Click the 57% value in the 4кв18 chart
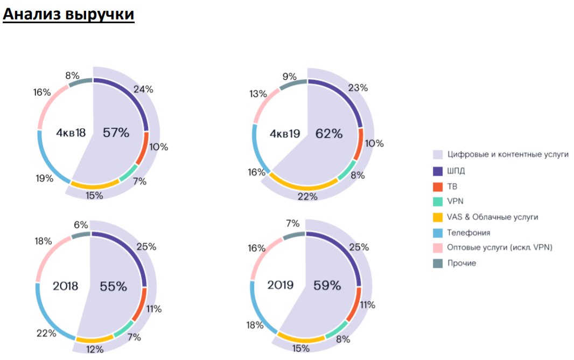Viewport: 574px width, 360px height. [x=116, y=132]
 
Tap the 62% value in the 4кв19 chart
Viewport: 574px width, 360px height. [x=329, y=134]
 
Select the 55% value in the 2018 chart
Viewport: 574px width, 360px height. [x=114, y=286]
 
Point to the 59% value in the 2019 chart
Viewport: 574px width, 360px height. [x=327, y=286]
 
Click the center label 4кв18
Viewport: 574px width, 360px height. [x=71, y=132]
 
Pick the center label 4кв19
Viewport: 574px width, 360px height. [x=285, y=134]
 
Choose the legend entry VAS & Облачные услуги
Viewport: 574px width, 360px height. [x=493, y=217]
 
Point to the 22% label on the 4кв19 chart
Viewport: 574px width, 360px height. [x=307, y=197]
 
